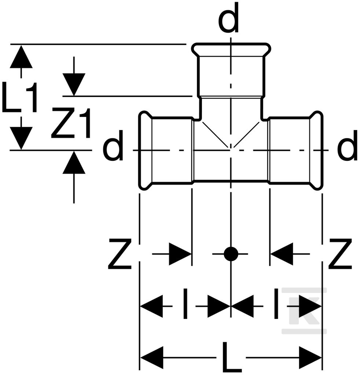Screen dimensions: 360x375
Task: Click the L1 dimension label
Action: (x=20, y=97)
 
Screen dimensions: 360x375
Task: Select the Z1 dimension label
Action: (x=71, y=123)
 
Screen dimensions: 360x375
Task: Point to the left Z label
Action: (x=120, y=254)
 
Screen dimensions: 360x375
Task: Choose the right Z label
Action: (x=340, y=254)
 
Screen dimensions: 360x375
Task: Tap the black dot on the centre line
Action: (x=231, y=254)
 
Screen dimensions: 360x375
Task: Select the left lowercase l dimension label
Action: (x=185, y=304)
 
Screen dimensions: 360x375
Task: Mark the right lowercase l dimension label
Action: (x=276, y=304)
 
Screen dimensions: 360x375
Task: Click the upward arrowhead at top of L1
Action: (x=21, y=57)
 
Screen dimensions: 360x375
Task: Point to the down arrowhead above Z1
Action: (x=74, y=85)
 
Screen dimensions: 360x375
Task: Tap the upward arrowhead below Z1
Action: (x=74, y=162)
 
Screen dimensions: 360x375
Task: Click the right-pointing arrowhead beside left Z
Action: (x=180, y=254)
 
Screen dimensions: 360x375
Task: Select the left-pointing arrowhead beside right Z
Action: (x=282, y=254)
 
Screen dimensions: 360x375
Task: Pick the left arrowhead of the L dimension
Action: (x=152, y=358)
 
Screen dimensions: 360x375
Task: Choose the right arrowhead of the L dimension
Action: (x=310, y=358)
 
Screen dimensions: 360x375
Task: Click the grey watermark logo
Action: (x=304, y=311)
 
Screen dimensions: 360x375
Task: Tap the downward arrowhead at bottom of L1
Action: (x=21, y=138)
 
